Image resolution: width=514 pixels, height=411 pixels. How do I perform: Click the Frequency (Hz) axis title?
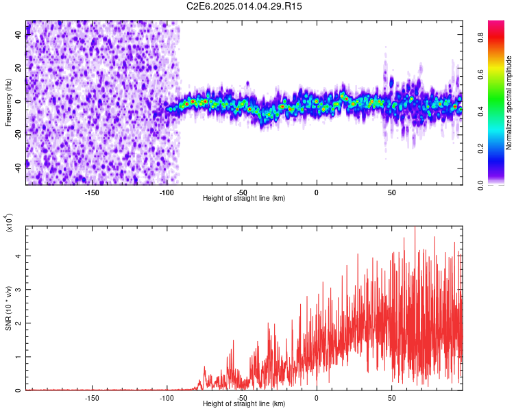8,103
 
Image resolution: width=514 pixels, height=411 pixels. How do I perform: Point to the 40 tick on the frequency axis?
19,36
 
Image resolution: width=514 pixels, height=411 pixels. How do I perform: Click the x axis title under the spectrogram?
244,198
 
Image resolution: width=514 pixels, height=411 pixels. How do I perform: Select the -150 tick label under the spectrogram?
92,192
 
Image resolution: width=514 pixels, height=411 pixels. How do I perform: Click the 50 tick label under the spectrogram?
391,192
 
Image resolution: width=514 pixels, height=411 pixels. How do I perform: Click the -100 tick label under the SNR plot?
167,397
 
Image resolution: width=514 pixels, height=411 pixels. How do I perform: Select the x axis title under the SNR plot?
244,404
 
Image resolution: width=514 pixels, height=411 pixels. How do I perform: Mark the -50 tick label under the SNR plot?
241,397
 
